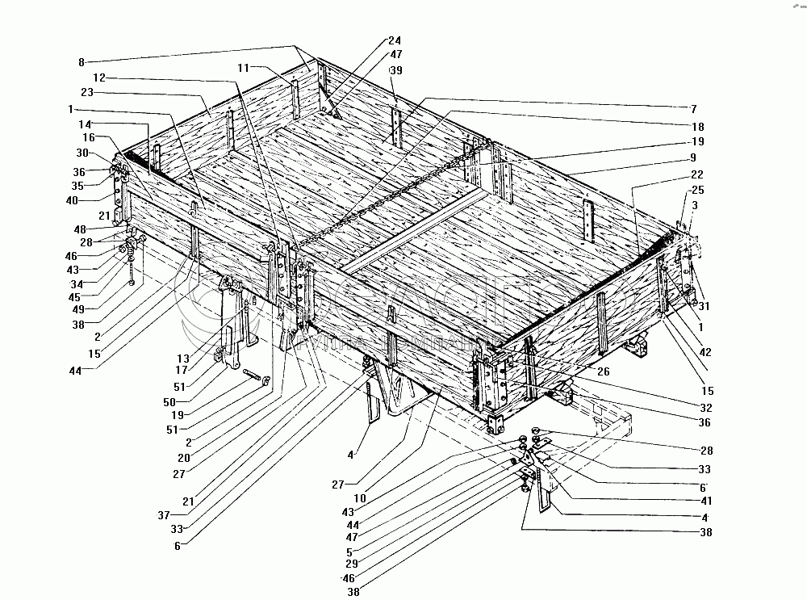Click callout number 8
coord(82,61)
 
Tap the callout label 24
coord(394,41)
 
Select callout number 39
coord(395,72)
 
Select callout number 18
coord(697,127)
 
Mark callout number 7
coord(692,107)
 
